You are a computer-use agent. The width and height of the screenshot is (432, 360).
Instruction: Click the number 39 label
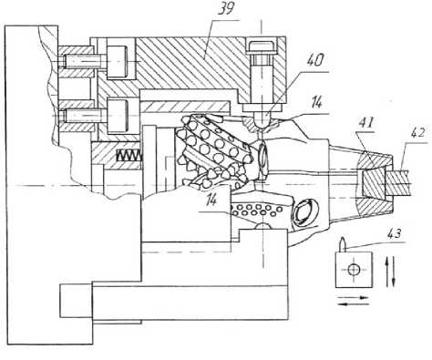tap(226, 9)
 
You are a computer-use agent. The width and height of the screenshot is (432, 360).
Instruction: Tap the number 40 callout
tap(315, 61)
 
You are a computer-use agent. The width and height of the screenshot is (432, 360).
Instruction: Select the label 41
tap(365, 122)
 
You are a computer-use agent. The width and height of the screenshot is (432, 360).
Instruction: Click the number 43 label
tap(393, 234)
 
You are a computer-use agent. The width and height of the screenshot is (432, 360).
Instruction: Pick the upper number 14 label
tap(315, 102)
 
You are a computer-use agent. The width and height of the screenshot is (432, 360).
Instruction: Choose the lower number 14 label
tap(211, 200)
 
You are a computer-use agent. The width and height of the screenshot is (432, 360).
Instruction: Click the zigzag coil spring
tap(129, 156)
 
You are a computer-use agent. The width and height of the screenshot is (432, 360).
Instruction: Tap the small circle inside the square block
tap(354, 269)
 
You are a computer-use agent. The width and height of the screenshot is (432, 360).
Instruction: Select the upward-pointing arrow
tap(388, 272)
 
